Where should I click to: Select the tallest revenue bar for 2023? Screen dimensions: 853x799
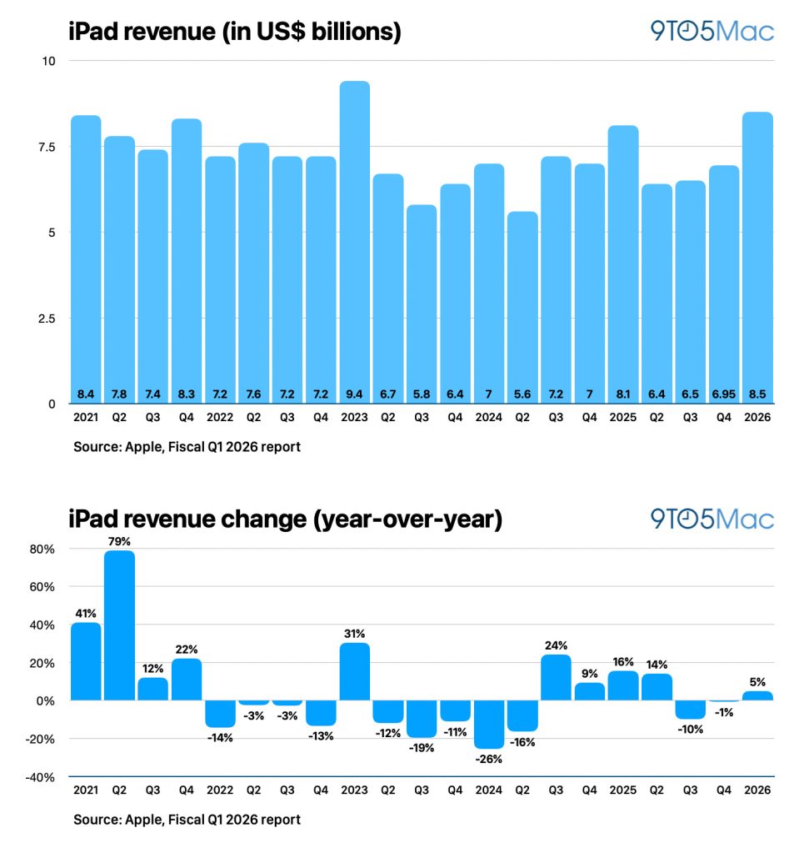[x=354, y=242]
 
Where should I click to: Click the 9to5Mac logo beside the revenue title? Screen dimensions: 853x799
[x=712, y=32]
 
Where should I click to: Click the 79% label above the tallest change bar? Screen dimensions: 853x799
[x=119, y=542]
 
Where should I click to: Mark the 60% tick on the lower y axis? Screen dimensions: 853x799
[x=43, y=586]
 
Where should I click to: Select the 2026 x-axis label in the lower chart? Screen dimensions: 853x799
[x=757, y=790]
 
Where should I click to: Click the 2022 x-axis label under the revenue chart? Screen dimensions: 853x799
[x=220, y=417]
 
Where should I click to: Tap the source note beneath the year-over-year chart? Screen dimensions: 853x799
[x=187, y=820]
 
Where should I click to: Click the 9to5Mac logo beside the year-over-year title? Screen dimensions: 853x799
[x=712, y=519]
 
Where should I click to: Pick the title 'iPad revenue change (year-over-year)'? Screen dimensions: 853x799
[x=285, y=519]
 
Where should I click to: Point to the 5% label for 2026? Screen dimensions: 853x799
[x=757, y=682]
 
